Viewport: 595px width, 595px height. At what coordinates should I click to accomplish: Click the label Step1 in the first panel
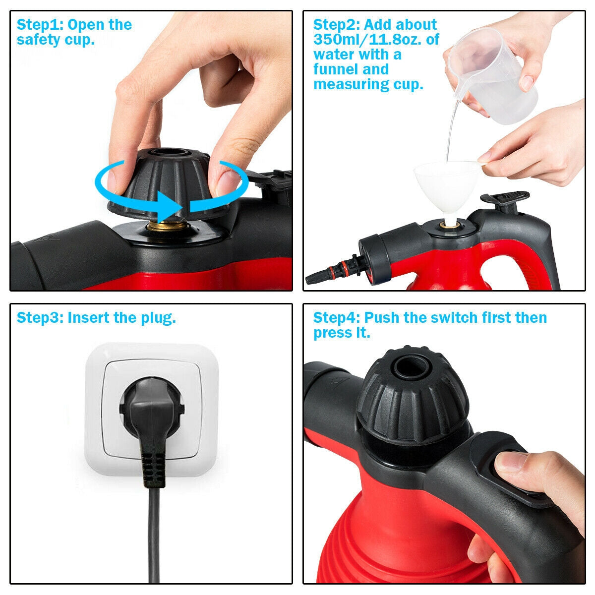click(x=39, y=25)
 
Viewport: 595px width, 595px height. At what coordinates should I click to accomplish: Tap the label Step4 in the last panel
click(x=336, y=318)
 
